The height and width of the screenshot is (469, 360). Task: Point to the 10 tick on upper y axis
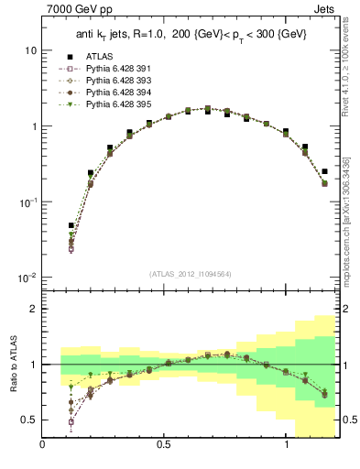[30, 50]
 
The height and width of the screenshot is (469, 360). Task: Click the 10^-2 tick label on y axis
[27, 278]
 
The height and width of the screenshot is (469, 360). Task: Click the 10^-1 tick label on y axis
[27, 202]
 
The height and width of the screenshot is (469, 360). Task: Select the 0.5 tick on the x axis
[163, 444]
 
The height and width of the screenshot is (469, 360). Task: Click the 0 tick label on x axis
[43, 444]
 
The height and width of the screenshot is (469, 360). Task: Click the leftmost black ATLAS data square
[71, 225]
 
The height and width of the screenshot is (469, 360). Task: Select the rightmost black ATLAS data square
[325, 171]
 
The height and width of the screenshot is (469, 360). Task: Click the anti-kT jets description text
[191, 35]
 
